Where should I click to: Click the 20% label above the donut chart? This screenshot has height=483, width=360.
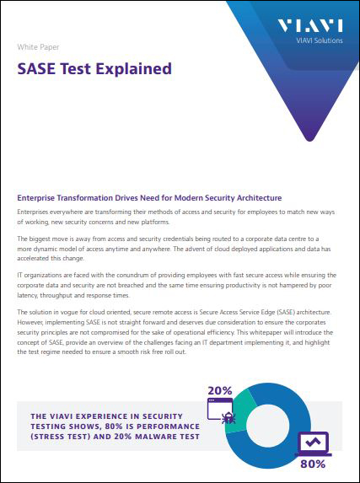(x=219, y=390)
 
